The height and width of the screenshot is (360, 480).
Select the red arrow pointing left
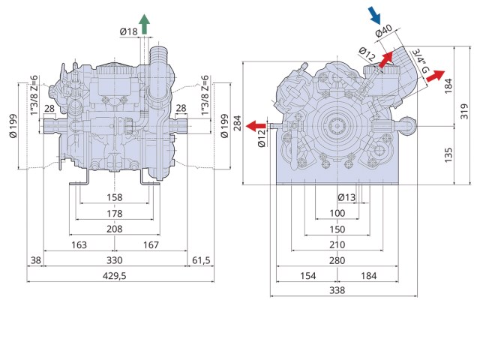(256, 124)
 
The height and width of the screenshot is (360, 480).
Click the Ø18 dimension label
(128, 31)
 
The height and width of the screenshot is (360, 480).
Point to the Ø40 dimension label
(384, 32)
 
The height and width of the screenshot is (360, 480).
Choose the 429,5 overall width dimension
(114, 277)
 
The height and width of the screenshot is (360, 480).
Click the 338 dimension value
(337, 291)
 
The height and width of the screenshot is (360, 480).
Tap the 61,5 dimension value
(201, 260)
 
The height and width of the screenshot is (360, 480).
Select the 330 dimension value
(114, 260)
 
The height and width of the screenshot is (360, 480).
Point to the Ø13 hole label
(347, 197)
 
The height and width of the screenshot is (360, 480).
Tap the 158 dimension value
(114, 197)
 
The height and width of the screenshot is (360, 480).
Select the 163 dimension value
(79, 244)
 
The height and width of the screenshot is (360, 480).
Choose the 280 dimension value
(337, 260)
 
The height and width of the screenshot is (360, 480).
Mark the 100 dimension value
(337, 213)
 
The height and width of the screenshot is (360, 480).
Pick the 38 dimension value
(34, 260)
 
